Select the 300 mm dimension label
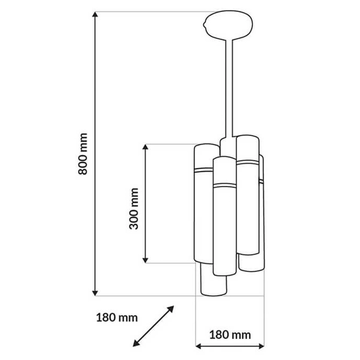(134, 208)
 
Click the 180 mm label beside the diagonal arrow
(116, 316)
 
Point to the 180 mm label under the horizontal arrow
(230, 334)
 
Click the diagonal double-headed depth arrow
(153, 326)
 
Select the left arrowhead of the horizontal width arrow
(201, 346)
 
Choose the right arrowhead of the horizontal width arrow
(260, 346)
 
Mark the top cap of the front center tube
(223, 160)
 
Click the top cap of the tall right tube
(247, 139)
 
